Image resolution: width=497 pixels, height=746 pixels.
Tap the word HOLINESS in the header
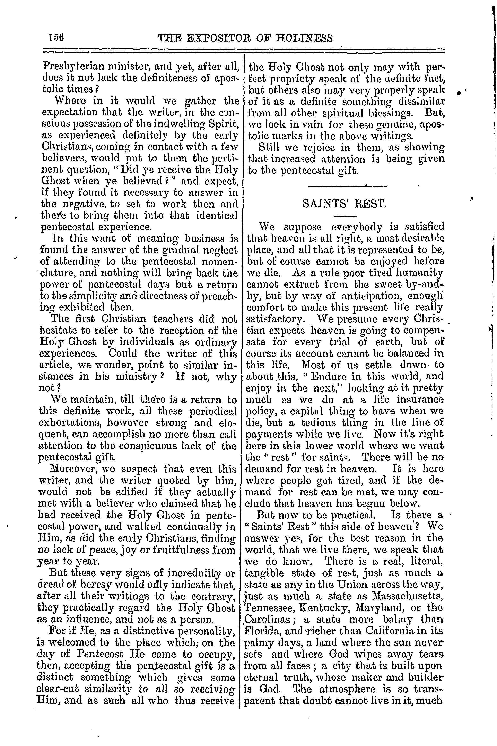[305, 38]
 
